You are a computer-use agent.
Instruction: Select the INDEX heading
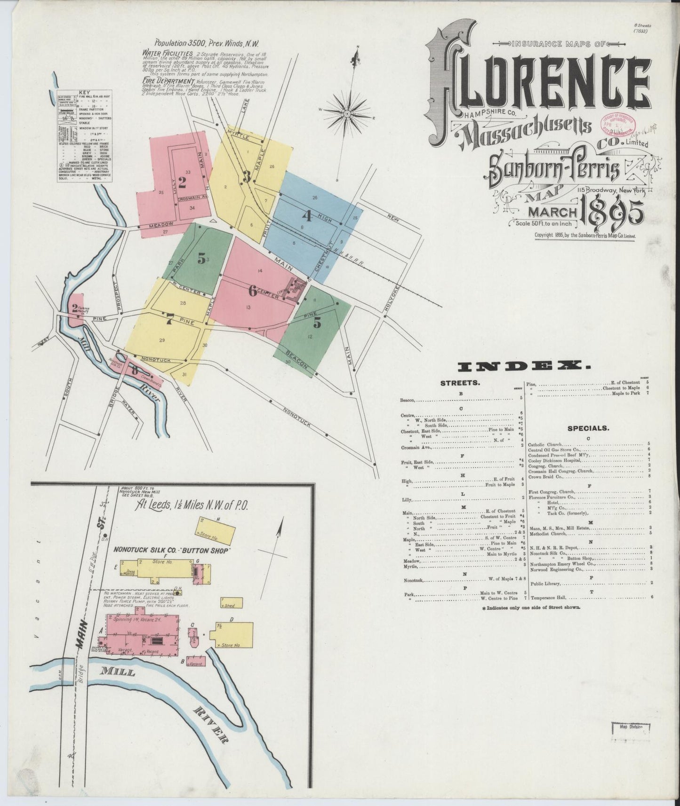coord(523,366)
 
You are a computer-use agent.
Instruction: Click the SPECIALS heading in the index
coord(588,428)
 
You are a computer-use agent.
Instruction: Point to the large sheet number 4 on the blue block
coord(307,216)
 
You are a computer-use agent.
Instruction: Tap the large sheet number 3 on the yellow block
coord(246,176)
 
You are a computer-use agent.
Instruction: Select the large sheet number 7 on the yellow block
coord(168,319)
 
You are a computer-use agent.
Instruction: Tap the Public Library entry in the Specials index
coord(544,584)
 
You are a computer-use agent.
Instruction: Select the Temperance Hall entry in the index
coord(547,598)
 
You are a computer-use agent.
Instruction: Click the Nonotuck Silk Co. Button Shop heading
coord(171,550)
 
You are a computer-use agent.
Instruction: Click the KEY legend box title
coord(85,93)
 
